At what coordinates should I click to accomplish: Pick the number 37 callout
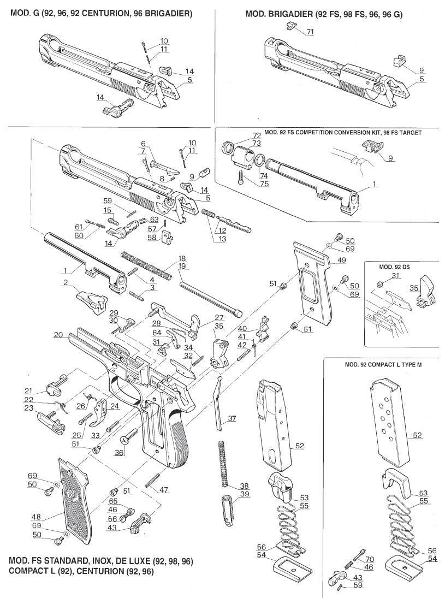(233, 418)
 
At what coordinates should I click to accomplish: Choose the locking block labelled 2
(91, 300)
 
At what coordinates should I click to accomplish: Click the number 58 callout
(152, 238)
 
